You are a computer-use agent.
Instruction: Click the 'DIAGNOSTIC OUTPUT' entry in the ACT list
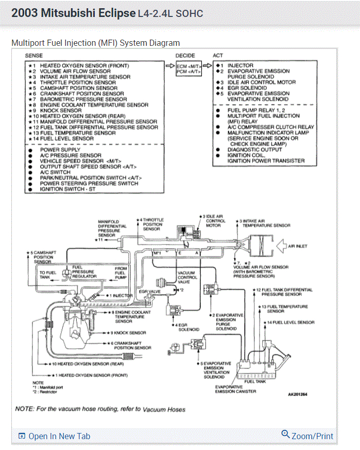pyautogui.click(x=254, y=150)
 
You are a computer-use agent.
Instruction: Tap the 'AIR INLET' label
pyautogui.click(x=298, y=246)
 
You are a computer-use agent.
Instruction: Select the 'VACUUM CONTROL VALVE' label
pyautogui.click(x=187, y=278)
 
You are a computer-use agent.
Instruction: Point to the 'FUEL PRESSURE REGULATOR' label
pyautogui.click(x=83, y=272)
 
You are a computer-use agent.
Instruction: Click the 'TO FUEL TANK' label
pyautogui.click(x=48, y=275)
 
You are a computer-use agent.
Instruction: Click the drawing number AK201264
pyautogui.click(x=298, y=395)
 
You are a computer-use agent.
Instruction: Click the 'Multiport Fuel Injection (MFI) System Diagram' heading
pyautogui.click(x=96, y=43)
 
